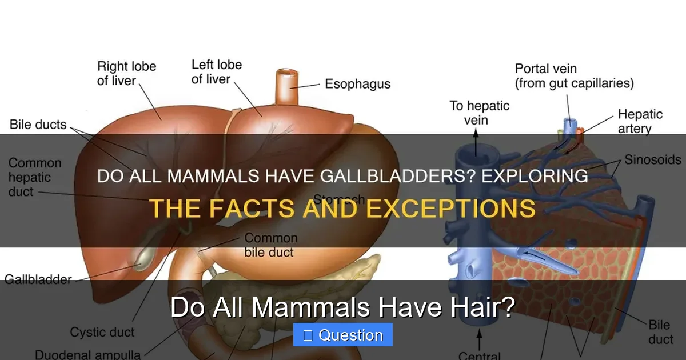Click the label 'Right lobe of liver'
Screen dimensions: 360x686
click(x=126, y=73)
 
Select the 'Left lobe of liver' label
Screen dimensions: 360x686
click(x=216, y=71)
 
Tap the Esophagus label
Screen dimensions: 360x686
click(x=357, y=84)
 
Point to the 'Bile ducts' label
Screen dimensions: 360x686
click(x=38, y=125)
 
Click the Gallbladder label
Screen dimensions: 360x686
click(x=38, y=279)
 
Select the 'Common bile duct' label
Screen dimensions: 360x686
click(x=271, y=245)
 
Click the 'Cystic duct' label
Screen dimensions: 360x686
click(x=102, y=332)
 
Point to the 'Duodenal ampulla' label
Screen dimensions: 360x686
click(x=87, y=354)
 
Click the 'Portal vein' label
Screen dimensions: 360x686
click(x=574, y=76)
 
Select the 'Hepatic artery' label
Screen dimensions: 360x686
click(x=640, y=121)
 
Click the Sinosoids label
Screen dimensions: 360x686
click(x=652, y=159)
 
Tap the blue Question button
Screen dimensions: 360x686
click(x=343, y=335)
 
